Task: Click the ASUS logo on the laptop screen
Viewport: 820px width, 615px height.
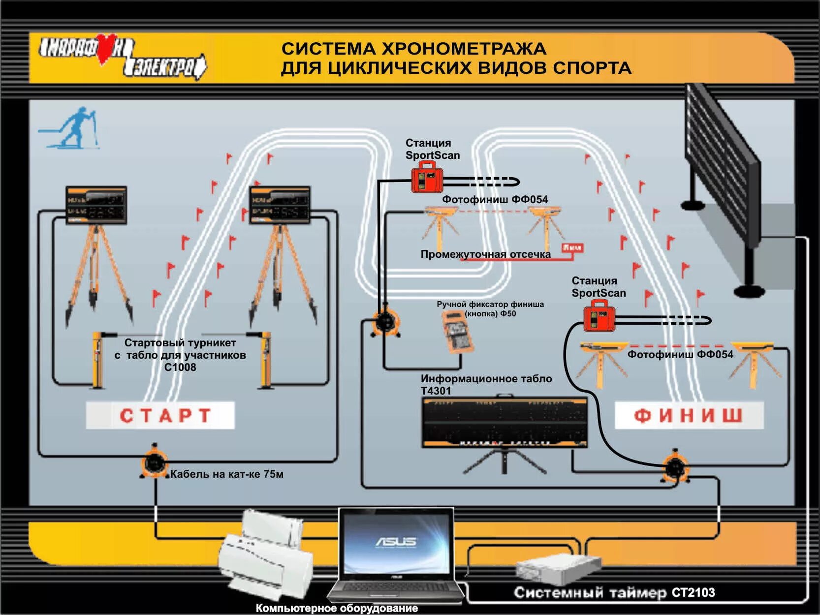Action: click(x=396, y=542)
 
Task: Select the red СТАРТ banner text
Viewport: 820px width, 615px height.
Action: click(x=165, y=416)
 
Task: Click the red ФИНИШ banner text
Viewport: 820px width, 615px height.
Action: click(x=688, y=416)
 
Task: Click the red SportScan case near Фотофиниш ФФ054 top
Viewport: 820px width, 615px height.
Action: click(x=427, y=178)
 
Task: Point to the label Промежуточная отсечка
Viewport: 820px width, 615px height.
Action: click(x=485, y=254)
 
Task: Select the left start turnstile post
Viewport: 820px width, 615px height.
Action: click(x=97, y=360)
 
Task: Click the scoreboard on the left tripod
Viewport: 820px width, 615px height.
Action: click(x=96, y=205)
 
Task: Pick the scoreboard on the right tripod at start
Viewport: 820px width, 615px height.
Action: click(x=280, y=205)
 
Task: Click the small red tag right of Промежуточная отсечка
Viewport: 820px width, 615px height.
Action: click(x=572, y=247)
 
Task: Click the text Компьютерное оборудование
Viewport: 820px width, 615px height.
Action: click(x=337, y=608)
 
